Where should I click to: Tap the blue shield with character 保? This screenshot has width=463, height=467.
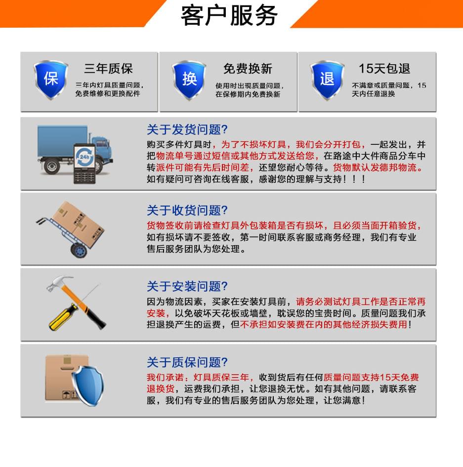point(51,79)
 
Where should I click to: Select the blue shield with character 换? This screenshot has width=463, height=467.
point(189,79)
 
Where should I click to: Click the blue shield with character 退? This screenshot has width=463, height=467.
point(327,79)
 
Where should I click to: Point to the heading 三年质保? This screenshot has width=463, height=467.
point(108,69)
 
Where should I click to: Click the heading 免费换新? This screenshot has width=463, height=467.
point(248,69)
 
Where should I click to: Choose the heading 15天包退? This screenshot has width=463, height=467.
point(384,69)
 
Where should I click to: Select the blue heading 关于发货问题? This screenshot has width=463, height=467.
point(187,130)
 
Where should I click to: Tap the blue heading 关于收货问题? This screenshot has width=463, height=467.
point(187,211)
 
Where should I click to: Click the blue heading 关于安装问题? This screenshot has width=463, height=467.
point(187,286)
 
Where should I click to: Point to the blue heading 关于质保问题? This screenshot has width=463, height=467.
point(187,362)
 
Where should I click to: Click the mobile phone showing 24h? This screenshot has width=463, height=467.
point(84,163)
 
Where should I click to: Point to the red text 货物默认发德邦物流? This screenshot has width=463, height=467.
point(379,168)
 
